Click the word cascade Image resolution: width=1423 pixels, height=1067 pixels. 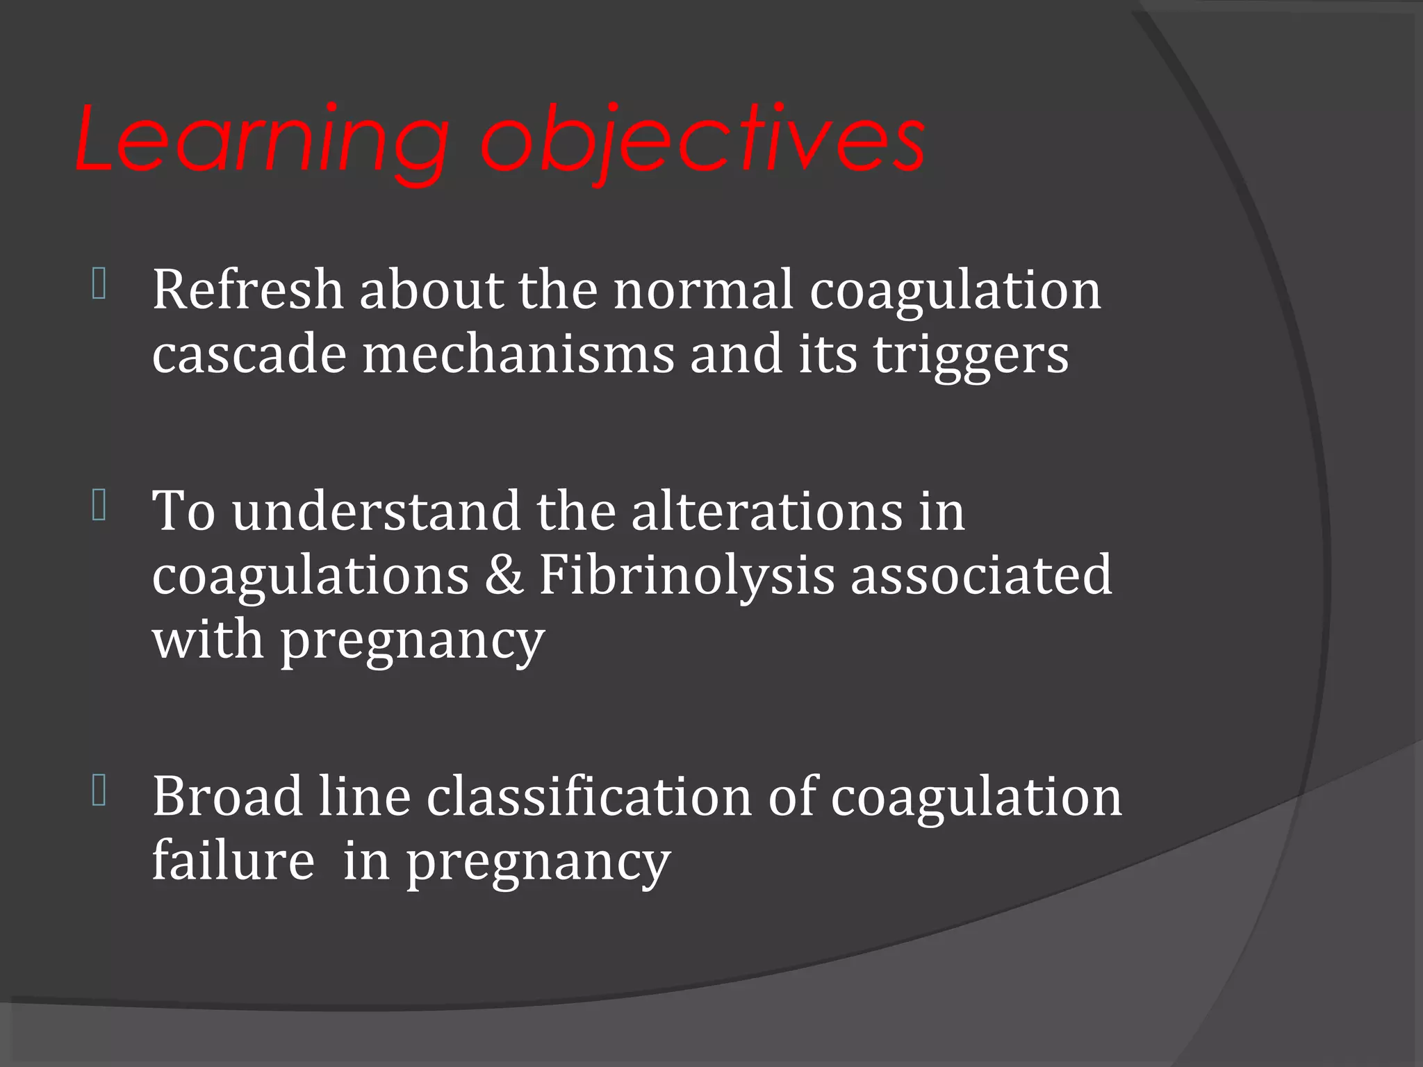(249, 354)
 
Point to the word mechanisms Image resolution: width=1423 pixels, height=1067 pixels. (518, 354)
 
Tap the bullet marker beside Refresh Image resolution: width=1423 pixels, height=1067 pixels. (99, 285)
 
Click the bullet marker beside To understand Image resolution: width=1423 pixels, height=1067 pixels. (99, 506)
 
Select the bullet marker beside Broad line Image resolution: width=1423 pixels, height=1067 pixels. (99, 791)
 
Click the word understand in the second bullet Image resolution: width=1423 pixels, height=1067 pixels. (376, 511)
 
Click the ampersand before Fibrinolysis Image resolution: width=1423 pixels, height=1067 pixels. (504, 575)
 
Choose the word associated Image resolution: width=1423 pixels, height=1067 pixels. (981, 575)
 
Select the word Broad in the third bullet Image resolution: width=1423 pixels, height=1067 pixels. (227, 796)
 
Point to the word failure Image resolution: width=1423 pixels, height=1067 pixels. (233, 861)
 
